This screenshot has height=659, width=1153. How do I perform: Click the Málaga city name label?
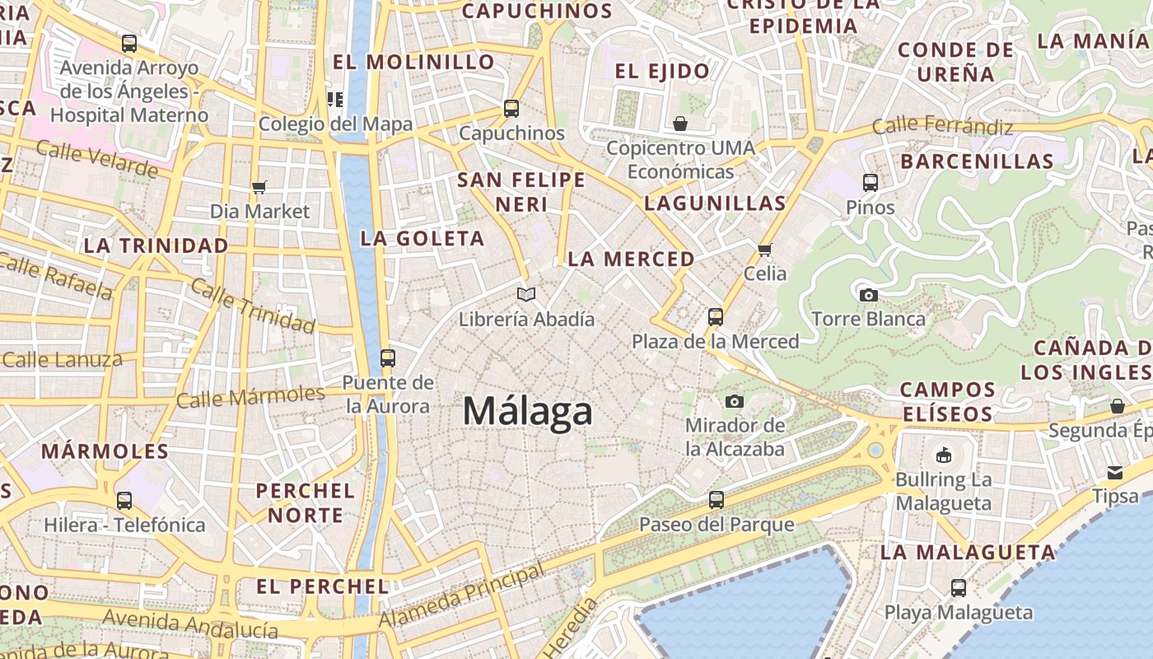(527, 411)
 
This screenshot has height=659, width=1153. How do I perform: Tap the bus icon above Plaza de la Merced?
(715, 316)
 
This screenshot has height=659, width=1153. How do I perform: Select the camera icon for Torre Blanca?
(868, 295)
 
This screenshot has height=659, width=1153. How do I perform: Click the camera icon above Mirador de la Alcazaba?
(735, 401)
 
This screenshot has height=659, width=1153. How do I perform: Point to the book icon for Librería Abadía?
(526, 294)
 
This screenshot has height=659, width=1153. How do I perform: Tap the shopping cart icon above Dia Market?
(259, 187)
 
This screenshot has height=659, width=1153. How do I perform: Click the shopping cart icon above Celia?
(765, 249)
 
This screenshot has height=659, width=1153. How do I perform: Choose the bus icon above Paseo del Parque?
(717, 499)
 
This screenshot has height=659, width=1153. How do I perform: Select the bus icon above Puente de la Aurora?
(388, 358)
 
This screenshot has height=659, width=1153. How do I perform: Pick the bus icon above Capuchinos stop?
(511, 109)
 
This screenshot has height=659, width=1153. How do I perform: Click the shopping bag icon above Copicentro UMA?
(680, 124)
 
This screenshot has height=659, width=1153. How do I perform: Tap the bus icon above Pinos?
(871, 182)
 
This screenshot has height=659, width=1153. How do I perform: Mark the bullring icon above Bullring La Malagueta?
(944, 455)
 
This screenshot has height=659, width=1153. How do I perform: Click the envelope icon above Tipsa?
(1115, 472)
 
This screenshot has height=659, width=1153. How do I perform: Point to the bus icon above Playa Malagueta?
(959, 588)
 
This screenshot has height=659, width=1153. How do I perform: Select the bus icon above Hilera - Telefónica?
(124, 500)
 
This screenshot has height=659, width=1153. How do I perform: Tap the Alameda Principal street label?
(462, 596)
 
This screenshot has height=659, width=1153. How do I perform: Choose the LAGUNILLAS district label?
(715, 203)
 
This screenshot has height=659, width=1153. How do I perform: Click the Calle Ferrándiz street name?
(942, 127)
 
